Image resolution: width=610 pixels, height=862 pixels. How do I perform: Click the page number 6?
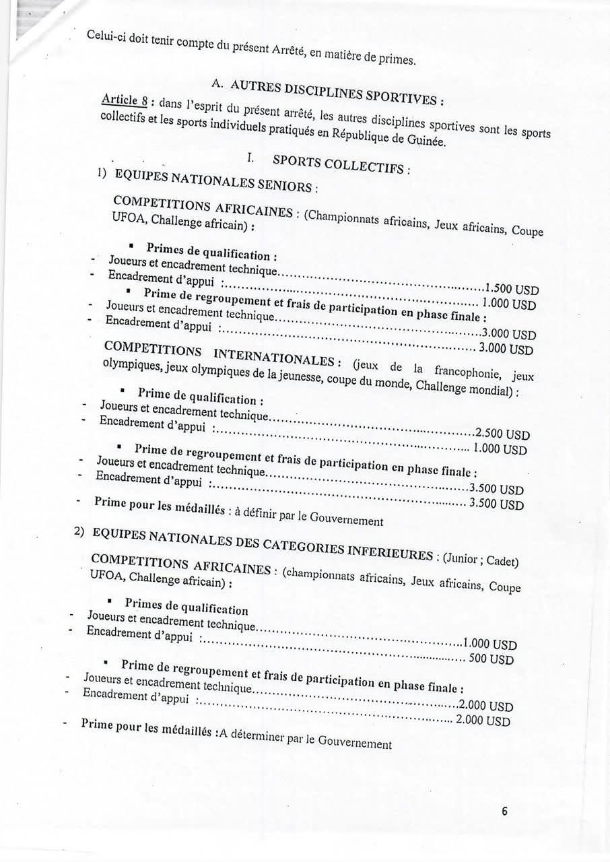point(504,811)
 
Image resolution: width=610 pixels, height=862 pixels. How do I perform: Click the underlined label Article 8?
point(124,100)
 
